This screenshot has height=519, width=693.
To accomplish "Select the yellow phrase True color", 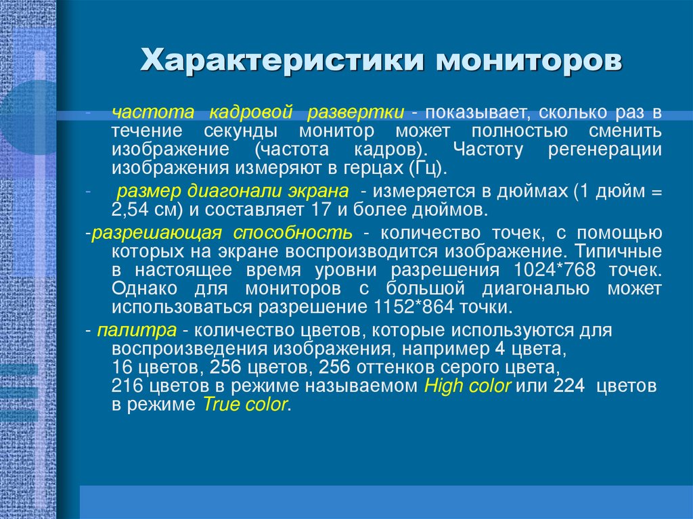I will click(246, 405).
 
